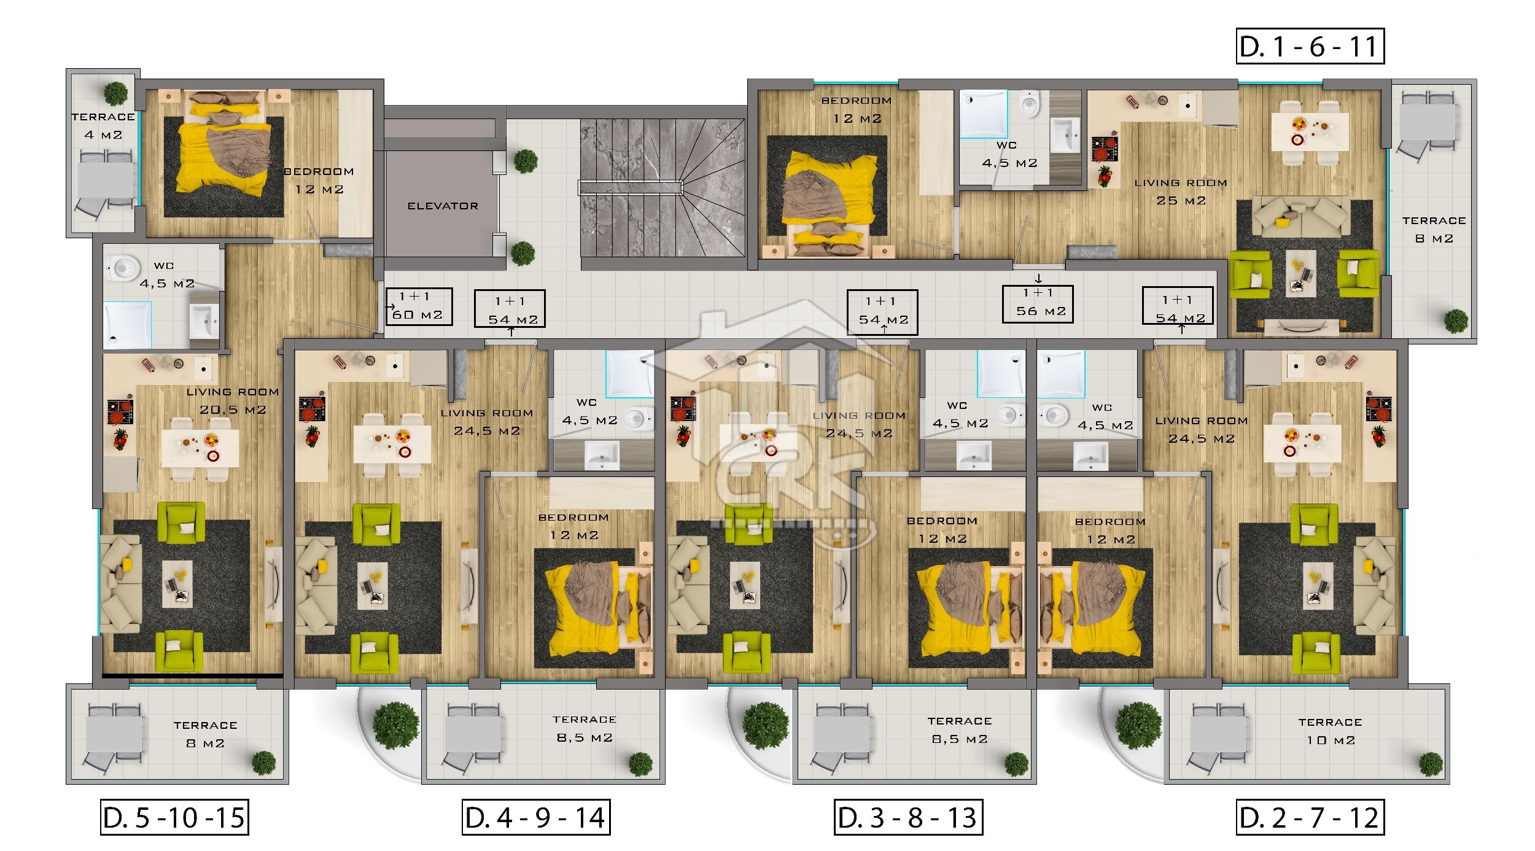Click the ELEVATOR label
[x=443, y=206]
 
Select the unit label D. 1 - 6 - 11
[x=1310, y=46]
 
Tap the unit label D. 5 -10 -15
[x=174, y=817]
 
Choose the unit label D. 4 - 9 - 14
[x=536, y=817]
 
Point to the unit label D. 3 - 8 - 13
[x=908, y=817]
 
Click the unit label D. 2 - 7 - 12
[x=1310, y=817]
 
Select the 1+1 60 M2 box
[x=419, y=306]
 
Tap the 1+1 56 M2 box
[x=1038, y=303]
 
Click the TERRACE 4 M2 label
[x=103, y=125]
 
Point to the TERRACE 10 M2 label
[x=1330, y=731]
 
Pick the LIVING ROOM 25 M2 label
[x=1181, y=192]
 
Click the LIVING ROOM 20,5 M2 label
[x=233, y=400]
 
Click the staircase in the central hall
[x=663, y=187]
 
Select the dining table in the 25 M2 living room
[x=1310, y=131]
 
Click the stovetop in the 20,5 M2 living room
[x=120, y=412]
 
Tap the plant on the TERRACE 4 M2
[x=115, y=93]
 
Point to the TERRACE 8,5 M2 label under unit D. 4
[x=585, y=728]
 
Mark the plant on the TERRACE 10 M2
[x=1431, y=764]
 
